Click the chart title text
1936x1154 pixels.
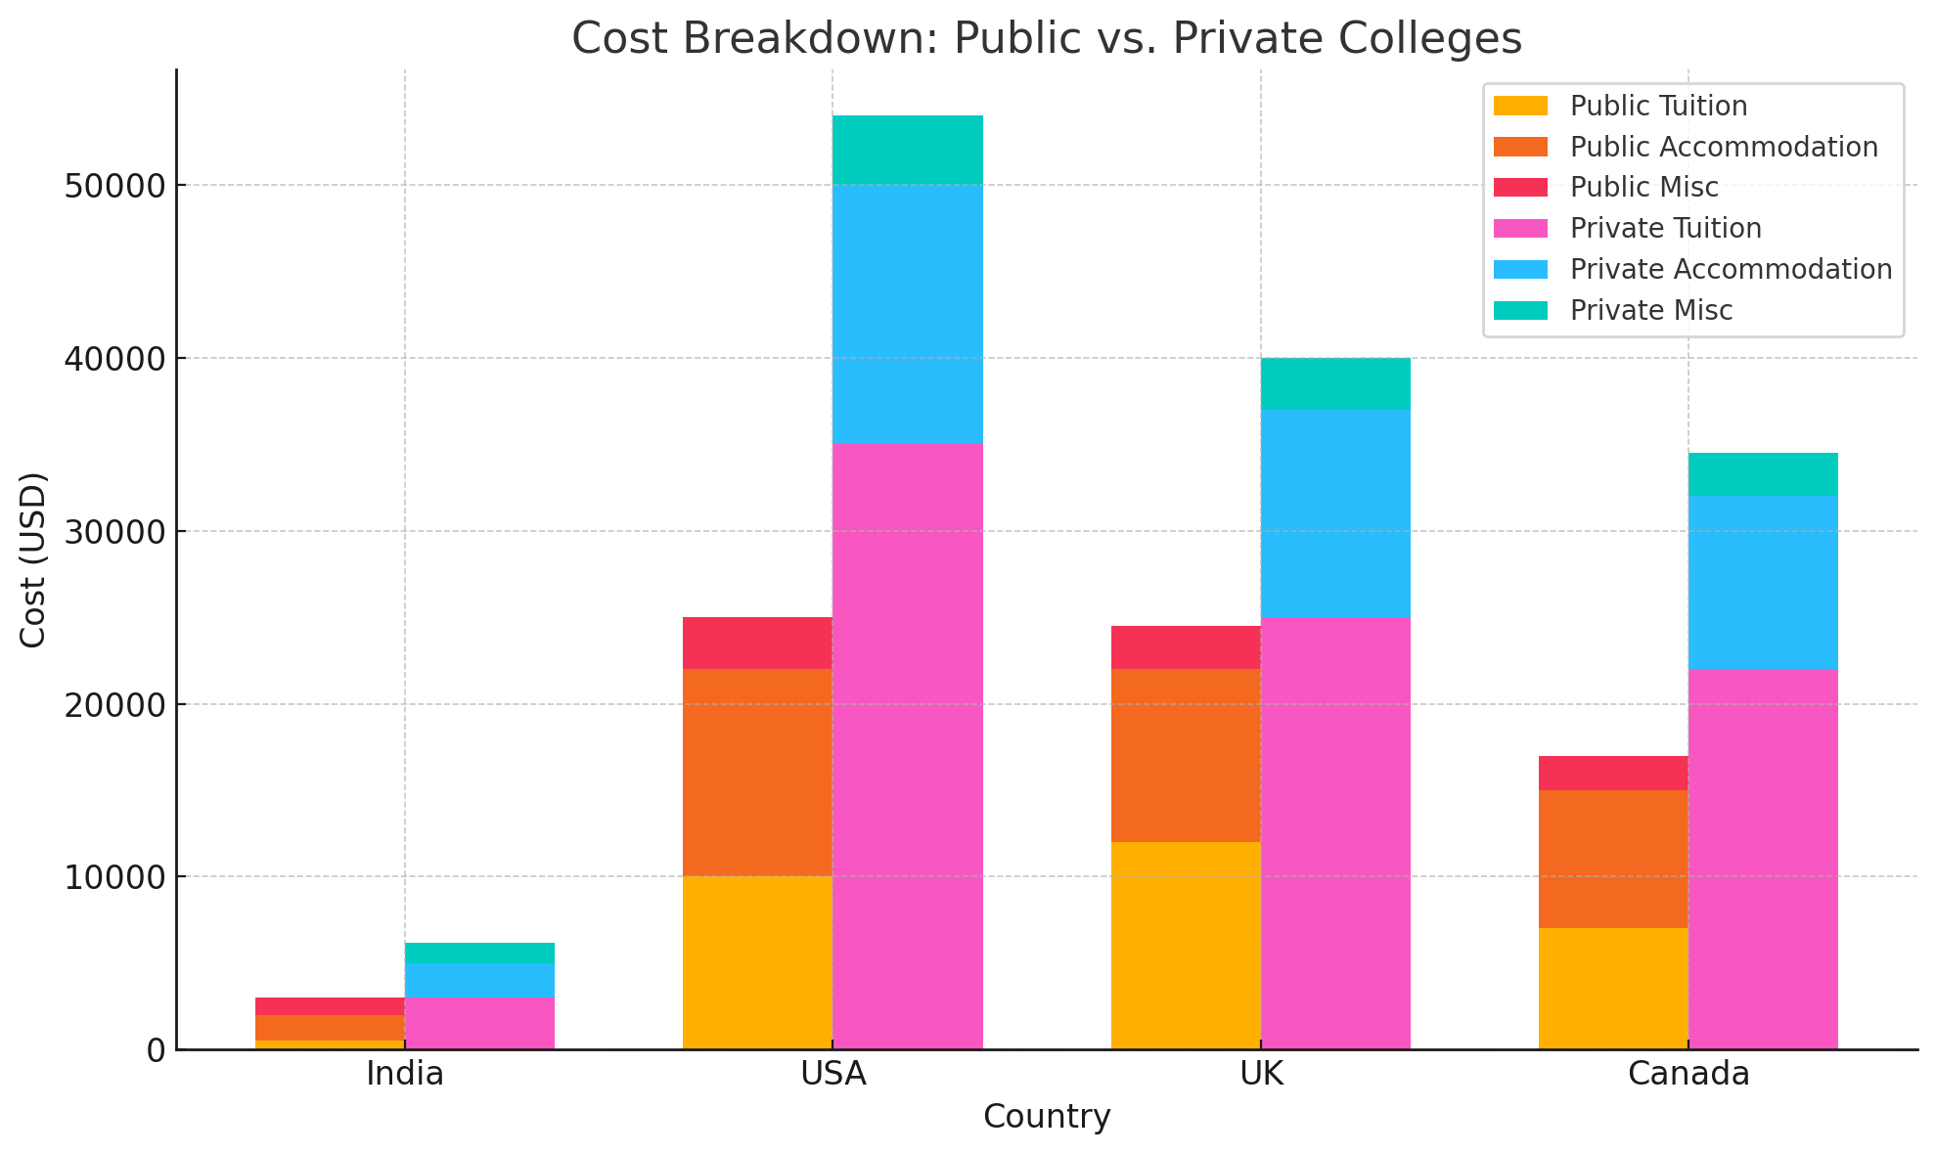(1046, 39)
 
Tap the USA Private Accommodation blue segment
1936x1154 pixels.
(907, 314)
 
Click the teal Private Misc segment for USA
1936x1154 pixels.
(907, 150)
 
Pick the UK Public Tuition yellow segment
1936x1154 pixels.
(1186, 945)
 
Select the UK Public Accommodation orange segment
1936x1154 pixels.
(1186, 755)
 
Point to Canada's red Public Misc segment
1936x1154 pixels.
(1613, 773)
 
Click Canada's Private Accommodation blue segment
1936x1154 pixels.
(1763, 582)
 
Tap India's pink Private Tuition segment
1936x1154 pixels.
(479, 1023)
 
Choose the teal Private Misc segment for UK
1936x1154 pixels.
(1335, 383)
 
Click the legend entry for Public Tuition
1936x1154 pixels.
(1658, 106)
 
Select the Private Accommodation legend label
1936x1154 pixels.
(1731, 269)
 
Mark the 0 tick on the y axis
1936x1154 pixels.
(156, 1050)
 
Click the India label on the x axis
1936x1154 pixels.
(405, 1074)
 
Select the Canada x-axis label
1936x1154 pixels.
(1688, 1074)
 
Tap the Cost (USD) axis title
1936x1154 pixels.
(33, 559)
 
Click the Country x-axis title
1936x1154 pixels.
(1046, 1117)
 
